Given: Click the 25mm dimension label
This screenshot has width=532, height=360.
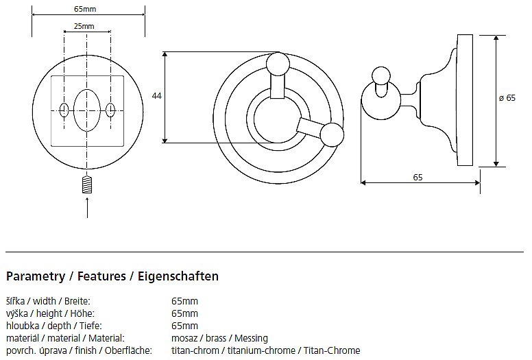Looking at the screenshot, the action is click(x=84, y=26).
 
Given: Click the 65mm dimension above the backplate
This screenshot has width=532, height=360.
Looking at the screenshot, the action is click(x=85, y=9).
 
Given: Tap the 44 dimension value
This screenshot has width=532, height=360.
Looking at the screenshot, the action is click(x=156, y=96).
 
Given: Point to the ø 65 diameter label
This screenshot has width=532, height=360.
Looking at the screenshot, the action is click(x=507, y=98).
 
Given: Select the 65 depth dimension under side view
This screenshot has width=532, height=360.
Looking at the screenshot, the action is click(x=418, y=177).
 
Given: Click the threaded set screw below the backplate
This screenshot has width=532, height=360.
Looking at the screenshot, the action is click(x=87, y=185).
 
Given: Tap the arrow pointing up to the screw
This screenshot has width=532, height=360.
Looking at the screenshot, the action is click(x=87, y=207).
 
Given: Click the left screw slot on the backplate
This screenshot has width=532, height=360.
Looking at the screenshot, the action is click(x=64, y=110).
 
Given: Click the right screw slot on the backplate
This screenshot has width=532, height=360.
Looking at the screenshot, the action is click(x=110, y=110).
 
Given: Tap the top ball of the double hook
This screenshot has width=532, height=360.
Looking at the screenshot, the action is click(x=278, y=64).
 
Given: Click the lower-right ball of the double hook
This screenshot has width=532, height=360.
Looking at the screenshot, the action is click(x=332, y=134).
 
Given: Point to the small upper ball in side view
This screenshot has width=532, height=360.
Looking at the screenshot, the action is click(x=381, y=75).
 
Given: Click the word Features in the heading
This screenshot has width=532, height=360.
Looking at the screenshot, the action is click(x=101, y=276).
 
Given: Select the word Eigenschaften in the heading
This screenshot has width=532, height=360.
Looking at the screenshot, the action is click(x=178, y=276).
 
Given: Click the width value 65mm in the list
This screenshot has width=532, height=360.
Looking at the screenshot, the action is click(x=184, y=301).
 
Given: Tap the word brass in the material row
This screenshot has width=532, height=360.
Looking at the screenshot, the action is click(x=216, y=338).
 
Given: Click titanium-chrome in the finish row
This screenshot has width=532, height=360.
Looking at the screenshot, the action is click(x=261, y=350).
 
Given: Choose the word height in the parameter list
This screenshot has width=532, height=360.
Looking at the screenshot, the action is click(x=49, y=313).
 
